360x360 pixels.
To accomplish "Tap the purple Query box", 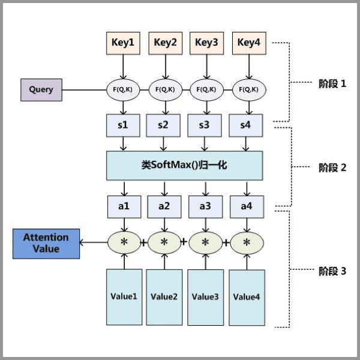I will tap(41, 90).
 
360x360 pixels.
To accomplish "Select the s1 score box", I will tap(123, 125).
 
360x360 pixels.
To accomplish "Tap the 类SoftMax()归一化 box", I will tap(184, 165).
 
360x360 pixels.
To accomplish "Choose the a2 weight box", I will tap(164, 206).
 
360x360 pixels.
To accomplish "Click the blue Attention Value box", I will tap(46, 243).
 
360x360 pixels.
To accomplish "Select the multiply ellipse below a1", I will tap(125, 242).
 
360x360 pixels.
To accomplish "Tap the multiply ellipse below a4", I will tap(247, 242).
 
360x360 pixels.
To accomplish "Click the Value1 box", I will tap(124, 296).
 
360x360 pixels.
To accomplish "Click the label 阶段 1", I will tap(332, 84).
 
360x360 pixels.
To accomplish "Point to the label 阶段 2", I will tap(332, 167).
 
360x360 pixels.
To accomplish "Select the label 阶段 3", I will tap(332, 271).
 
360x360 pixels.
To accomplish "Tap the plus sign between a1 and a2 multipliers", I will tap(144, 243).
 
